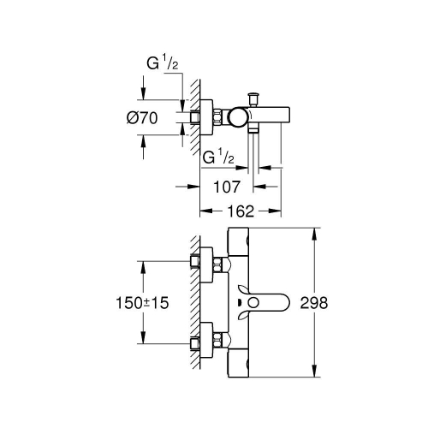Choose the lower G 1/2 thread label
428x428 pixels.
(217, 159)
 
